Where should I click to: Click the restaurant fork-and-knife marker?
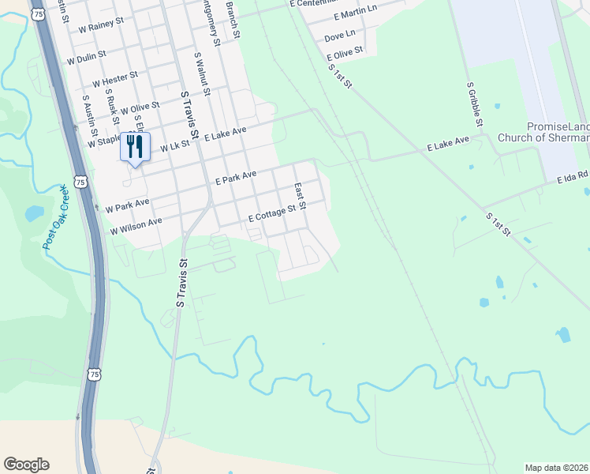point(135,147)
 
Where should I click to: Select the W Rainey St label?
point(102,24)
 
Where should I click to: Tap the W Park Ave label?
point(127,205)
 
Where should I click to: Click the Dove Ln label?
point(340,36)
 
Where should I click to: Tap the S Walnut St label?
point(202,75)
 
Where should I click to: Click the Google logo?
point(26,465)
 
